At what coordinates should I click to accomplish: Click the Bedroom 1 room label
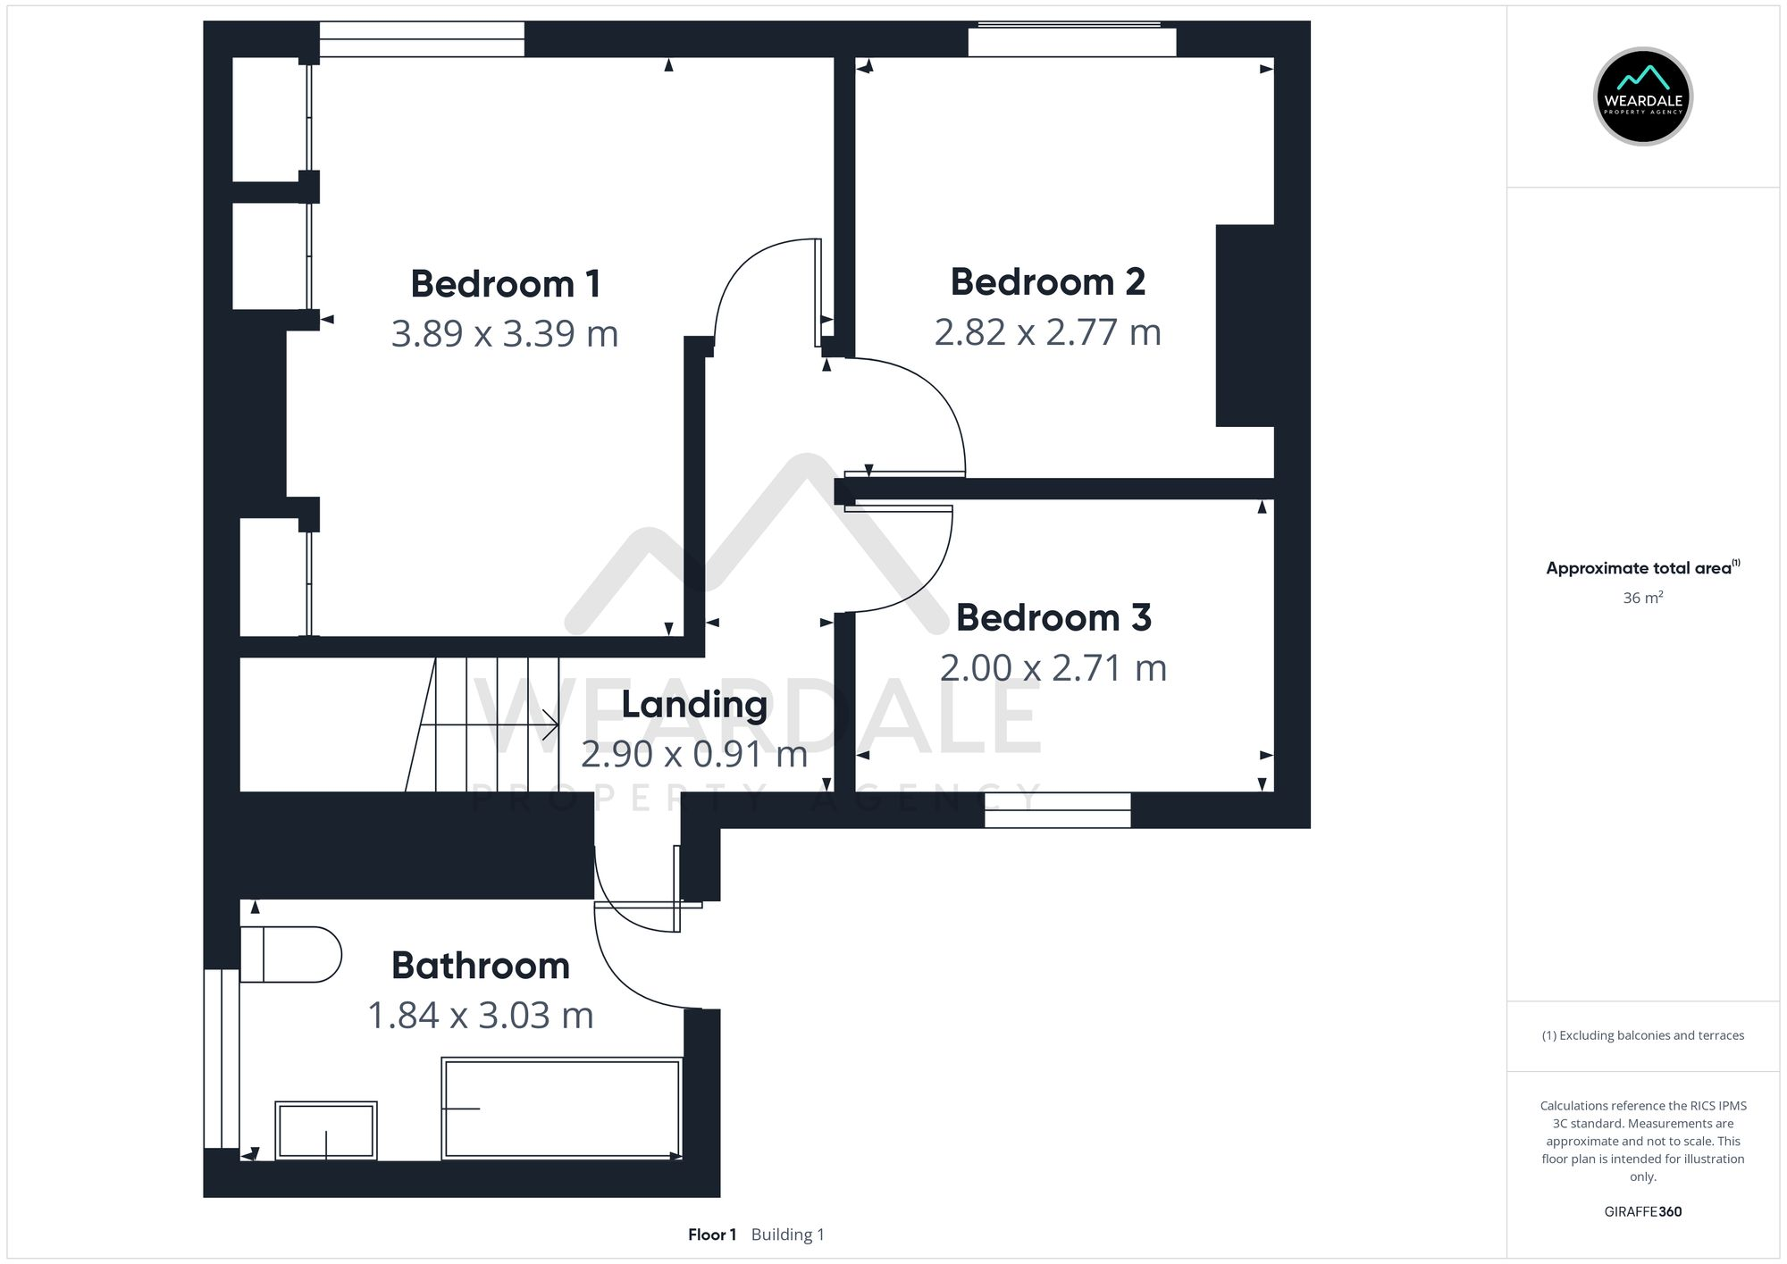point(505,284)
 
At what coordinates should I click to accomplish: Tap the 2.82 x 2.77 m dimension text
point(1047,332)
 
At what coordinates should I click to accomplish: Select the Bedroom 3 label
point(1053,618)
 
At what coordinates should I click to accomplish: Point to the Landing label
point(694,705)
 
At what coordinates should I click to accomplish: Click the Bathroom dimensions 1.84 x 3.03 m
point(481,1016)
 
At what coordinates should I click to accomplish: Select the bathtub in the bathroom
point(562,1109)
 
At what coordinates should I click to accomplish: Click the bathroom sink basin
point(326,1130)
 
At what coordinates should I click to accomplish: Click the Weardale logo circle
point(1642,96)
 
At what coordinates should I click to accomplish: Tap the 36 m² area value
point(1642,598)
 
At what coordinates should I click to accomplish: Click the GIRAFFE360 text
point(1642,1212)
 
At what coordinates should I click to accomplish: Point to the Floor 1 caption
point(712,1235)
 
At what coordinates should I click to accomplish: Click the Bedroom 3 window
point(1058,810)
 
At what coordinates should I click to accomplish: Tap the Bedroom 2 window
point(1072,41)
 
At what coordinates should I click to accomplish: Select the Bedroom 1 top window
point(422,39)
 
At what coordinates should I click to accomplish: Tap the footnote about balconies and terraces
point(1642,1036)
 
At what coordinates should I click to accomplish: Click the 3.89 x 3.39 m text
point(505,334)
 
